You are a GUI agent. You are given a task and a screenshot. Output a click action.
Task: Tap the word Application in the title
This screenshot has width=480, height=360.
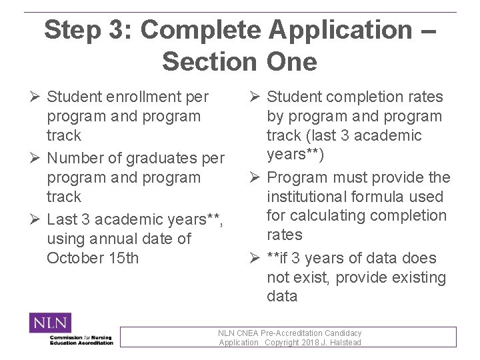[x=340, y=30]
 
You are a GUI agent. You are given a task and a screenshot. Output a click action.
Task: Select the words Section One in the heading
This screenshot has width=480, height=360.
[x=239, y=62]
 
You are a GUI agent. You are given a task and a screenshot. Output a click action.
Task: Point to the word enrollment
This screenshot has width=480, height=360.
[x=145, y=97]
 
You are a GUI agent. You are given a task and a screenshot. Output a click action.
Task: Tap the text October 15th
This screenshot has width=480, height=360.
[x=93, y=258]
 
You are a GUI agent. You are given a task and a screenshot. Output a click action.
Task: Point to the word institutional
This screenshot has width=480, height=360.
[x=310, y=197]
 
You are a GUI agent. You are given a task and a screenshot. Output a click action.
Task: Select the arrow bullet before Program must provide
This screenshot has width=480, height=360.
[x=255, y=178]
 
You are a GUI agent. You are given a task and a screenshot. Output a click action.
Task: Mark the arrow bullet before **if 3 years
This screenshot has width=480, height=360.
[x=255, y=259]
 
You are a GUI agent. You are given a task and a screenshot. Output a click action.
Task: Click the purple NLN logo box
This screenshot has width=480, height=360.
[x=50, y=323]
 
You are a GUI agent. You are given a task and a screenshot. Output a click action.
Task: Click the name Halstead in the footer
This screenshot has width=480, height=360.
[x=346, y=343]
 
